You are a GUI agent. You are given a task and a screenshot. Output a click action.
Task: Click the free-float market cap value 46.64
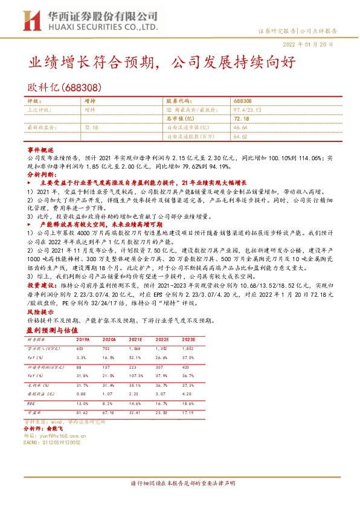click(x=240, y=128)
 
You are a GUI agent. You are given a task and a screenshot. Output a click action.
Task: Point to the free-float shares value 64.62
click(x=240, y=137)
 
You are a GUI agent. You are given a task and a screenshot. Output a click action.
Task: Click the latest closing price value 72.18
click(x=92, y=128)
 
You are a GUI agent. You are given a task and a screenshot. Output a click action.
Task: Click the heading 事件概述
click(x=41, y=149)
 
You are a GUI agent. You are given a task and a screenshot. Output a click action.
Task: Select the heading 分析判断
click(x=41, y=172)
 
